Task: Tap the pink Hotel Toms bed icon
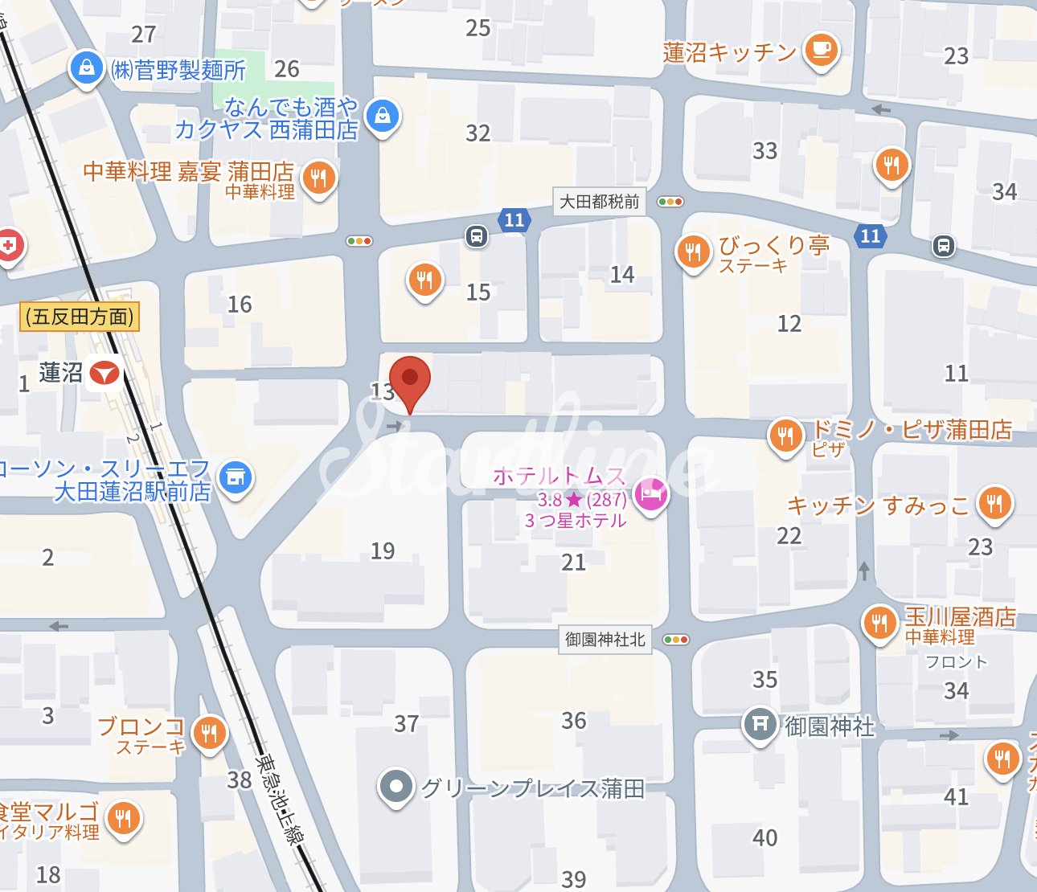tap(651, 493)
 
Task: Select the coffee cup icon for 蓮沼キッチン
tap(820, 50)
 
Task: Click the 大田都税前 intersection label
tap(600, 202)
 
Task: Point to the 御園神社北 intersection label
tap(605, 640)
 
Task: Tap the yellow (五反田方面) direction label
tap(80, 317)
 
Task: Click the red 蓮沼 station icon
tap(105, 373)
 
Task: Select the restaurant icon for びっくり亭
tap(693, 252)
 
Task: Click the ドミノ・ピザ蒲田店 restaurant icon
tap(785, 435)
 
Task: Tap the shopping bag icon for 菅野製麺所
tap(86, 68)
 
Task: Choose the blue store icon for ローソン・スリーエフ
tap(235, 477)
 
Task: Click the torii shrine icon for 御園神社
tap(760, 724)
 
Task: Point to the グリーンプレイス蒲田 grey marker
tap(396, 787)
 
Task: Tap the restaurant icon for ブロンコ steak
tap(209, 732)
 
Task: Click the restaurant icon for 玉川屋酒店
tap(879, 624)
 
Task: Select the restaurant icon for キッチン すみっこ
tap(994, 503)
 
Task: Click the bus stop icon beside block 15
tap(476, 236)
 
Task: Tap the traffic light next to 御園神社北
tap(676, 640)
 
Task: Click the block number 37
tap(406, 724)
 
